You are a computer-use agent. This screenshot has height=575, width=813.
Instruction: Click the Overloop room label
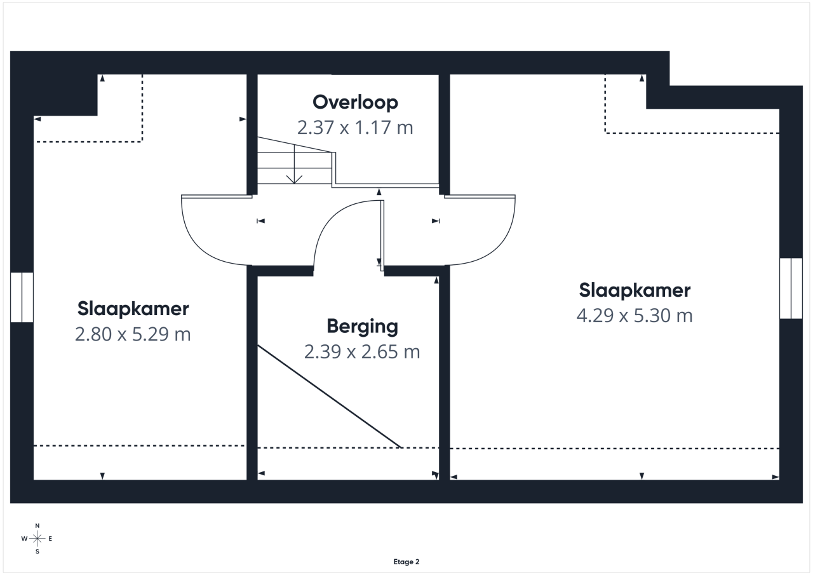[355, 103]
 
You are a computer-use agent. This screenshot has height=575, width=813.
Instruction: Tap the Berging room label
[362, 327]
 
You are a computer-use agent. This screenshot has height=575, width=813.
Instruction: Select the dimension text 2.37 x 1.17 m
[355, 128]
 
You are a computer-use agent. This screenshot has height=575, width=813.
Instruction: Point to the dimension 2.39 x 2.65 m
[362, 352]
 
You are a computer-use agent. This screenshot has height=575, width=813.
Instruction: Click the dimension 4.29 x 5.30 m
[635, 315]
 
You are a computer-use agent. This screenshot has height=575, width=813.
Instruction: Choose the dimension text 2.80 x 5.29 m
[133, 334]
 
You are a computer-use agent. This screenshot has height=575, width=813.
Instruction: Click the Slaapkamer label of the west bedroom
[133, 309]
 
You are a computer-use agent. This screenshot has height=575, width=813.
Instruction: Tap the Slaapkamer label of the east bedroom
[635, 290]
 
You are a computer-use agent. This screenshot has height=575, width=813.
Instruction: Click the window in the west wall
[22, 297]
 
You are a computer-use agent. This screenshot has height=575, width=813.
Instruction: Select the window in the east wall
[791, 288]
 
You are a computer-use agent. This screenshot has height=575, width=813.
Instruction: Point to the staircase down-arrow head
[294, 180]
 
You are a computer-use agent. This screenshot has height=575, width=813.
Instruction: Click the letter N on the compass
[37, 525]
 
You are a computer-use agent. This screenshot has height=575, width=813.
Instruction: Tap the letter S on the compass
[37, 551]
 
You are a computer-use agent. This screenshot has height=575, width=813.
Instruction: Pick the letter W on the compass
[24, 539]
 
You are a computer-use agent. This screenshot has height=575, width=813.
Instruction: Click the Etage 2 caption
[406, 562]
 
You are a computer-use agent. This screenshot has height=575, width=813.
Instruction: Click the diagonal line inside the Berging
[330, 396]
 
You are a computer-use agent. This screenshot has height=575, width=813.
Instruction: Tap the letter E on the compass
[50, 539]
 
